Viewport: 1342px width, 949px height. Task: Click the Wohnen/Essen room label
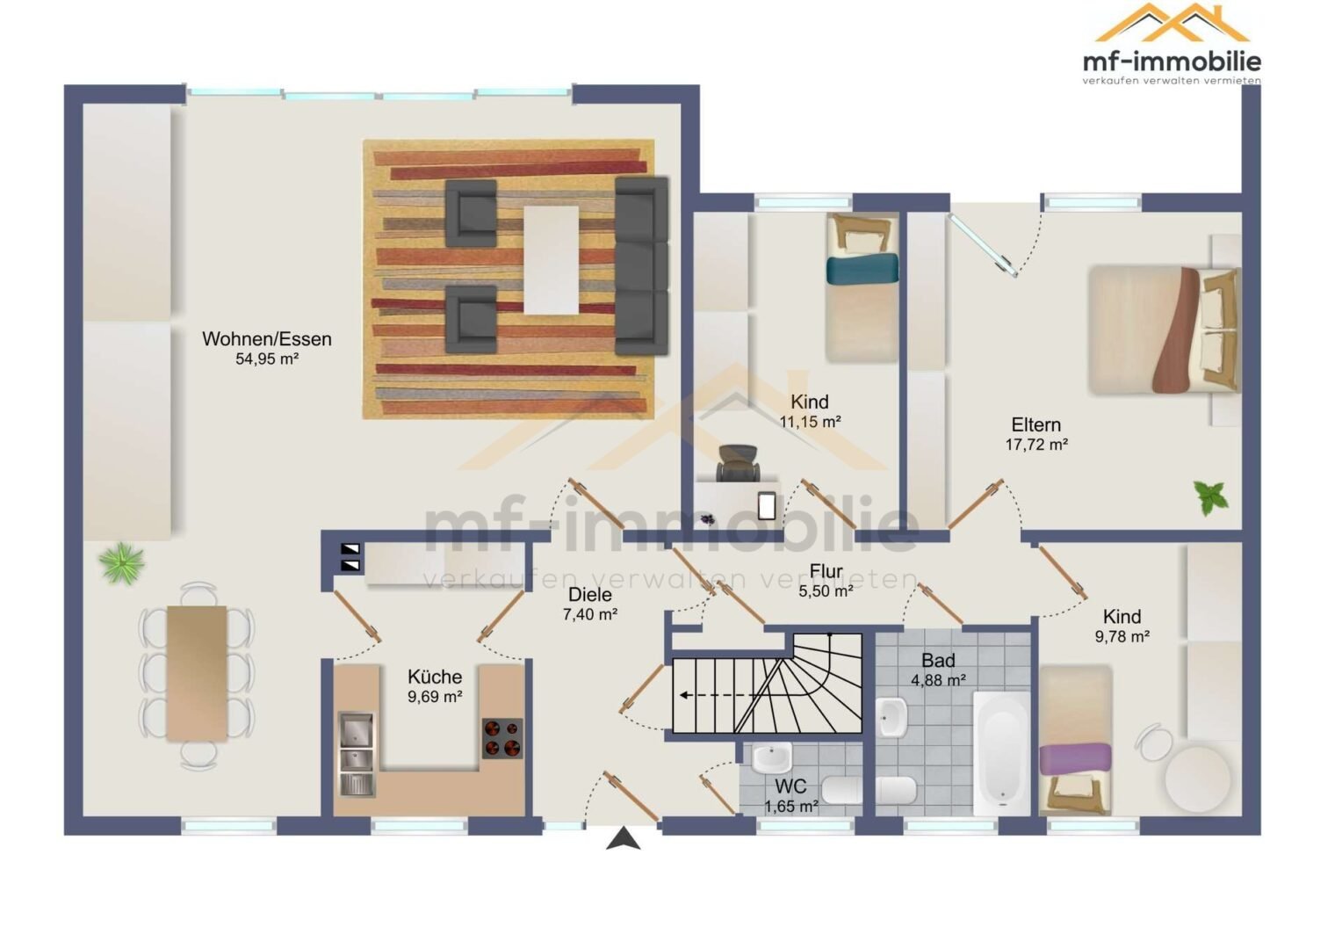point(267,339)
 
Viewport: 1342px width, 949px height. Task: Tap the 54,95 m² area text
point(267,359)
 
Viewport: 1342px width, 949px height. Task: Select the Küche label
point(435,677)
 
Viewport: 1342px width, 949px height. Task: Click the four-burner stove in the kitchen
point(502,738)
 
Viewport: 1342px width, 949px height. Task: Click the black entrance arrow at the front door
point(623,838)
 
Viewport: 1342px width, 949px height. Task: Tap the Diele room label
point(590,595)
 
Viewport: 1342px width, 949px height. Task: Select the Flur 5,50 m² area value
point(826,591)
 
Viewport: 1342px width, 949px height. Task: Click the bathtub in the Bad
point(1001,753)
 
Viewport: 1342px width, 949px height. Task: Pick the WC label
point(790,786)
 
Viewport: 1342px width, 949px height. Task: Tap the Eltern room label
point(1035,425)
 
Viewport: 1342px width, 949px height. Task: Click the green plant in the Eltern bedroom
point(1210,497)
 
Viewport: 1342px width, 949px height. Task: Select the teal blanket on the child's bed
point(862,269)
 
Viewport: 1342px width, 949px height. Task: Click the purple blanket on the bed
point(1075,759)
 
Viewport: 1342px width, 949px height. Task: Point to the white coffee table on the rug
point(552,260)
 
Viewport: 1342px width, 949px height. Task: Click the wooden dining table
point(197,673)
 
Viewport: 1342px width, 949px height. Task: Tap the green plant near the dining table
point(121,563)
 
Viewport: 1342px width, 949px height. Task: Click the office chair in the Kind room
point(739,463)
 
